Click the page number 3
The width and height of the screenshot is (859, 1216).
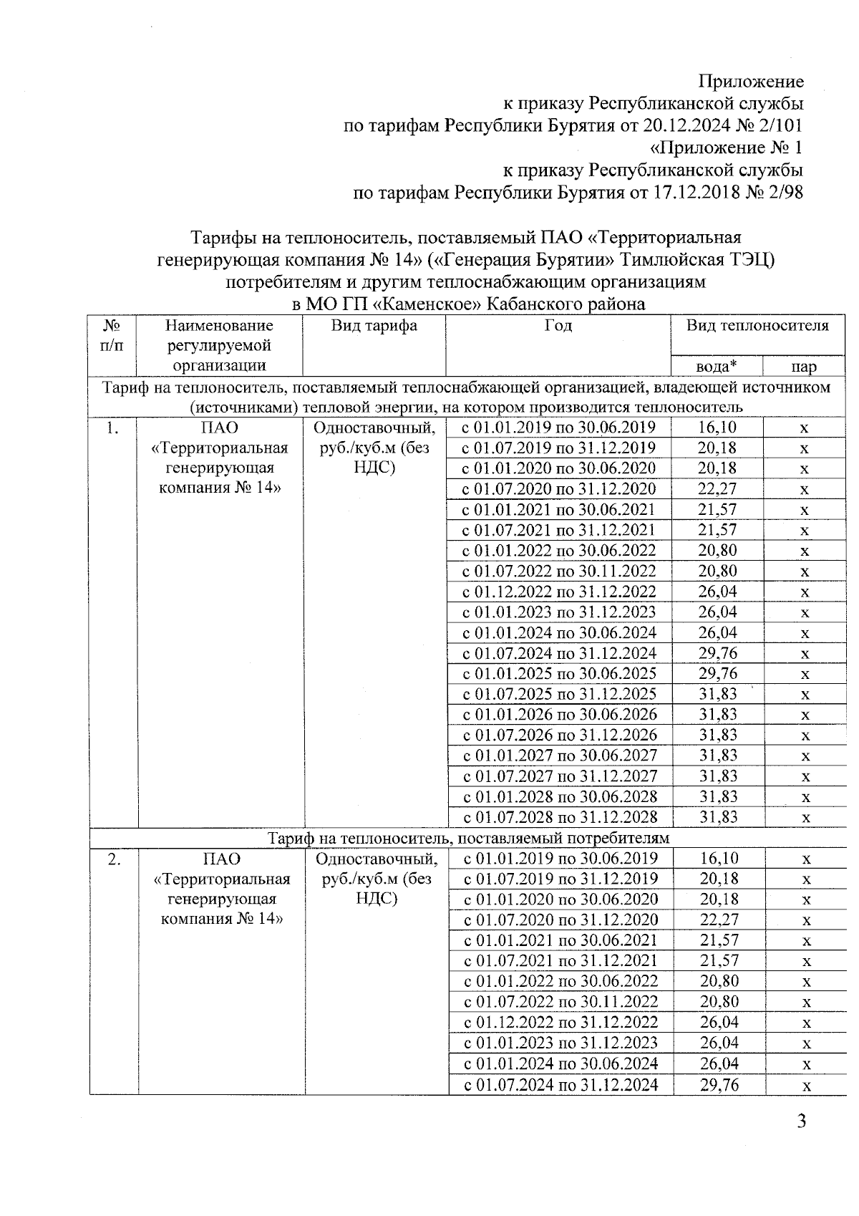802,1121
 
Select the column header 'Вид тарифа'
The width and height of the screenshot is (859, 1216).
374,326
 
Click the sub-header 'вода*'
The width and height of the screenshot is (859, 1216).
717,367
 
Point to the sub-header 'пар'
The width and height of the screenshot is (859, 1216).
804,367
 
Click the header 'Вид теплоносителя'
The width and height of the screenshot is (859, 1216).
758,326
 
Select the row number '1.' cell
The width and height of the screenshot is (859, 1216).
112,428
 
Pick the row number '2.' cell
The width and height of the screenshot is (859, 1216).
113,859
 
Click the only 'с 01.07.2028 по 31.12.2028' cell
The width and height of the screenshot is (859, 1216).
560,817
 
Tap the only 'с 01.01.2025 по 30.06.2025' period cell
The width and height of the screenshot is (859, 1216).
560,674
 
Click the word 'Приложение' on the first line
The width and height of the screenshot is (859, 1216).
751,81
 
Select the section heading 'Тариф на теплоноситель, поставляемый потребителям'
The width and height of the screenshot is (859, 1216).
469,838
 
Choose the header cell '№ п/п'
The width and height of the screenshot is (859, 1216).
112,335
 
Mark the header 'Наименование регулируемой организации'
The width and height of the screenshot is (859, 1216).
220,345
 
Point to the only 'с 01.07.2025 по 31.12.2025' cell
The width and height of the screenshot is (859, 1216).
560,694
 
